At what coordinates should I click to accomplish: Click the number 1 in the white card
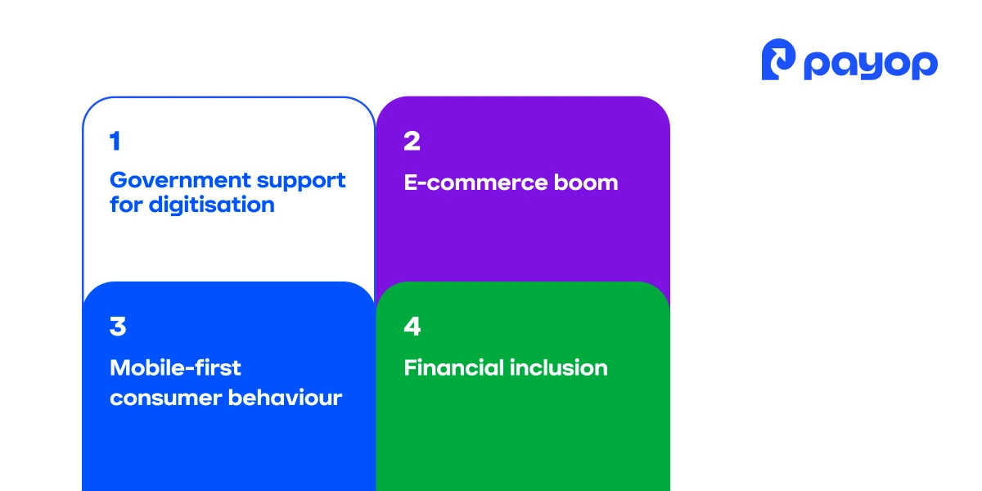coord(115,142)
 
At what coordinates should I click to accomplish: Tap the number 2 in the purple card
coord(412,142)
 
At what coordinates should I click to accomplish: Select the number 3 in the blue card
coord(118,327)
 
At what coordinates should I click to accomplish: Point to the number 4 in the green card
coord(412,327)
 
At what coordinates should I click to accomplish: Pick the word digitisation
coord(211,205)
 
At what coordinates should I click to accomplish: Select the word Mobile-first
coord(175,367)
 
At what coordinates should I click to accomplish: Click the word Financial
coord(453,367)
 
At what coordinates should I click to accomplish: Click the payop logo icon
coord(778,60)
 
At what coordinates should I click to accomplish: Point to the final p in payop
coord(925,66)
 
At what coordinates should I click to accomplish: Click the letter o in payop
coord(897,64)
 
